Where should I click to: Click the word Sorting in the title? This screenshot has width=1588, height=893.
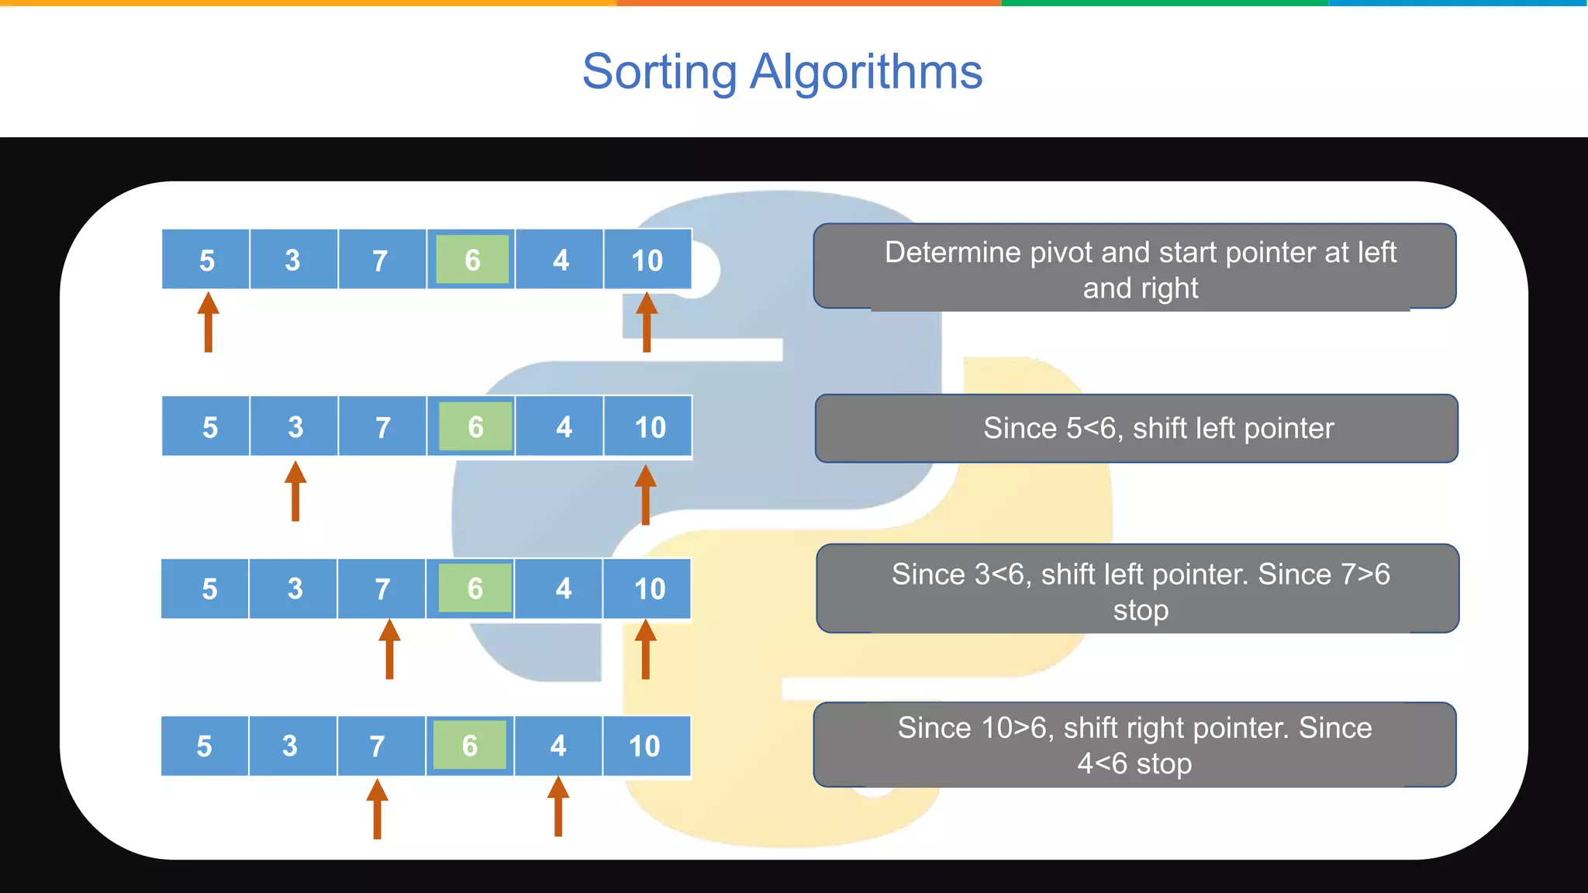coord(659,72)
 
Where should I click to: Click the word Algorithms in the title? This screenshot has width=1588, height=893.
coord(866,72)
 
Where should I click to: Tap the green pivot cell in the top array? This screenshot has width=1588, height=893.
coord(472,260)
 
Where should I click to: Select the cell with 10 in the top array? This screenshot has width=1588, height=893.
coord(647,260)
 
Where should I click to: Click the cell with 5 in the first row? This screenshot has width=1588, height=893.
coord(206,260)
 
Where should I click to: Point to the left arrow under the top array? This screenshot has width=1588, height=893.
coord(208,322)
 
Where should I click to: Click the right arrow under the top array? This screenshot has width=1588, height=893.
coord(647,322)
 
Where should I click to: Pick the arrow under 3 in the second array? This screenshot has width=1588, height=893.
coord(295,491)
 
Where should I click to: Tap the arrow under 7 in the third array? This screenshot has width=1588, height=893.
coord(389,649)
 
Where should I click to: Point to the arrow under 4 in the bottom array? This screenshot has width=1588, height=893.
coord(558,807)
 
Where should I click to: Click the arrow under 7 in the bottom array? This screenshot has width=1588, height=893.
coord(377,809)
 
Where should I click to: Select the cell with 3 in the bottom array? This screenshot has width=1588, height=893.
coord(290,746)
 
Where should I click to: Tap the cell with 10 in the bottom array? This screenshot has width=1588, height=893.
coord(644,746)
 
